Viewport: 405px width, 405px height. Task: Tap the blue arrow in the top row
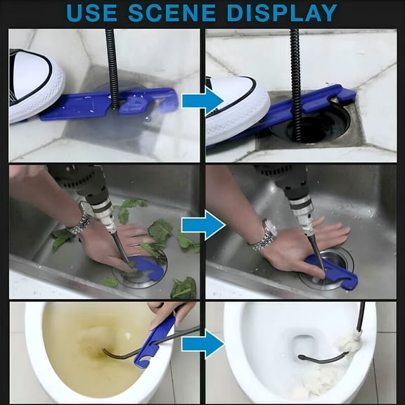pos(202,100)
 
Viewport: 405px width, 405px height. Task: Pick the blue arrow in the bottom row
pos(202,344)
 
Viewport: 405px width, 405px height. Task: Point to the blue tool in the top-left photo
pos(105,103)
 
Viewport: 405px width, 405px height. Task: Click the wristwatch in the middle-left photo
pos(81,221)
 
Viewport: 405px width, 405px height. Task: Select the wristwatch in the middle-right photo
pos(265,236)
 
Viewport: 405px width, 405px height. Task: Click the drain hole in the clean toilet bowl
pos(304,345)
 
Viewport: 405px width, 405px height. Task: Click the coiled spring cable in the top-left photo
pos(111,67)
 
